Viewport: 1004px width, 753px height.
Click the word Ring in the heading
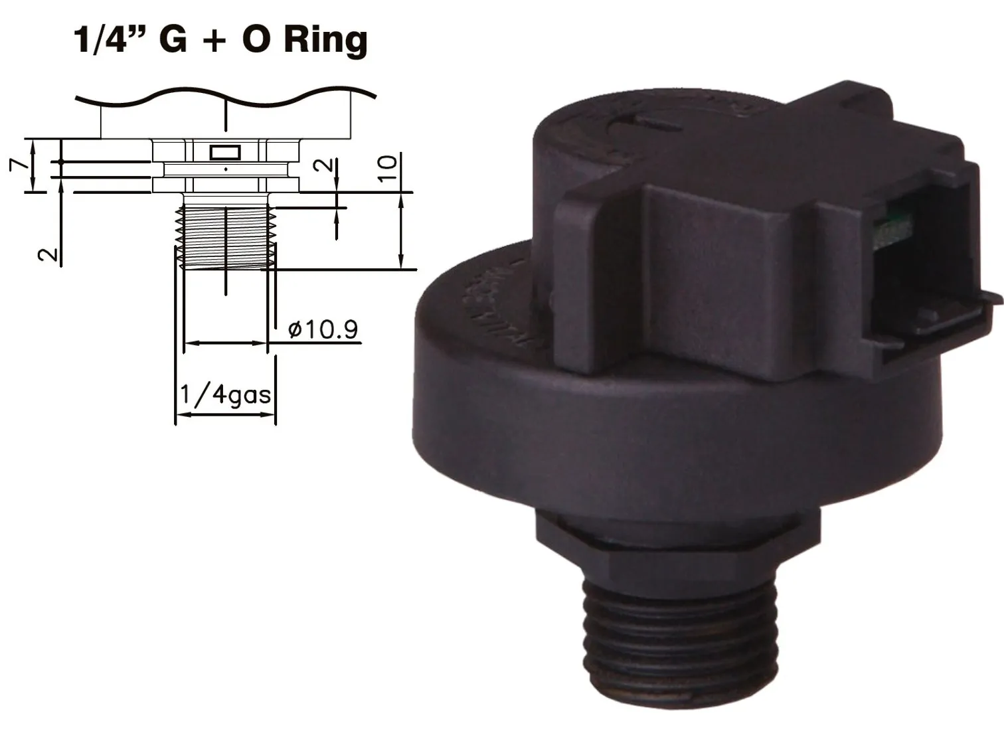coord(325,40)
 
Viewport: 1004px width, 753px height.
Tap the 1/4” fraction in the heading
coord(110,40)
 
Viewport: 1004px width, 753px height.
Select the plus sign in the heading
coord(218,41)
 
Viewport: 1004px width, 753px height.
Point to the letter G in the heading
coord(173,40)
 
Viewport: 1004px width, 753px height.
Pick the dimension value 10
coord(388,167)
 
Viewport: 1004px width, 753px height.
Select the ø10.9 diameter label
coord(323,329)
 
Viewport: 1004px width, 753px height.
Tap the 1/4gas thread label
coord(225,394)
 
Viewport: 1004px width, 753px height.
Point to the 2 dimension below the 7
coord(48,254)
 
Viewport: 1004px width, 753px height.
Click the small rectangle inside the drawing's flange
coord(225,153)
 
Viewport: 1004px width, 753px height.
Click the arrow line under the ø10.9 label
coord(225,343)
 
